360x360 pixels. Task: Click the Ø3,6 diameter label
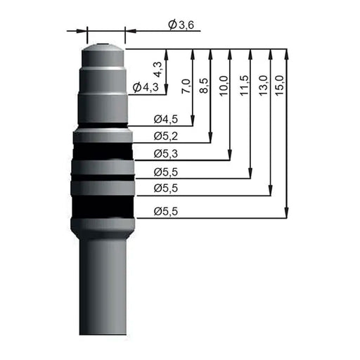click(181, 25)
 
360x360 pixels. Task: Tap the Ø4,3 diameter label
click(146, 87)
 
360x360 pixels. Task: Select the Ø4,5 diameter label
click(166, 119)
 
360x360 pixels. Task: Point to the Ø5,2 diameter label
click(166, 136)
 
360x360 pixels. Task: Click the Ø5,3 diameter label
click(166, 154)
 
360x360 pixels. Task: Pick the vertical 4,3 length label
click(158, 70)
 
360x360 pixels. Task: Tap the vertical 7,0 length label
click(186, 86)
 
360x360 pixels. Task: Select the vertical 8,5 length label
click(204, 86)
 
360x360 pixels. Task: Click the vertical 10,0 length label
click(224, 85)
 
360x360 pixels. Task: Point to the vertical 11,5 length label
click(244, 85)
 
